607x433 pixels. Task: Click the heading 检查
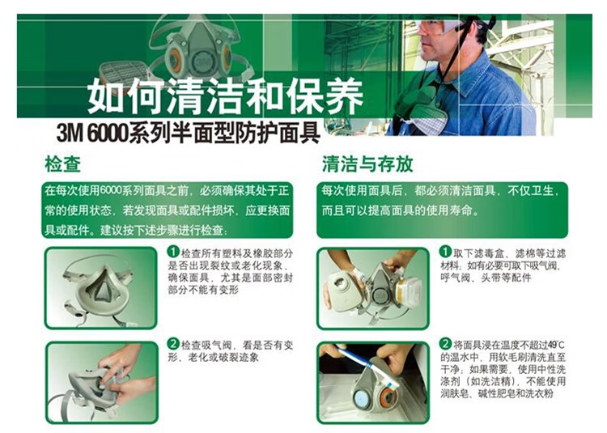click(x=62, y=164)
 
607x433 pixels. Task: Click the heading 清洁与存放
click(x=367, y=164)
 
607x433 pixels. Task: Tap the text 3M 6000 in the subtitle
click(x=92, y=133)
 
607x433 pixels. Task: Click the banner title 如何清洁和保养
click(x=225, y=96)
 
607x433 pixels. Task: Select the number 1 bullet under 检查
click(x=172, y=253)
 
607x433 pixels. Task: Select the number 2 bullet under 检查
click(x=172, y=344)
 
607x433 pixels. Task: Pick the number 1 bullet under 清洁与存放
click(x=445, y=252)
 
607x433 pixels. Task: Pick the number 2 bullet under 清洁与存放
click(x=445, y=343)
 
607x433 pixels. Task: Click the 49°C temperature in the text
click(x=556, y=345)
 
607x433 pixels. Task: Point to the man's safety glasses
click(x=440, y=27)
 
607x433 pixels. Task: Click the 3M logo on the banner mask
click(x=201, y=61)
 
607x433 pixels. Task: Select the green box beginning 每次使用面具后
click(x=442, y=210)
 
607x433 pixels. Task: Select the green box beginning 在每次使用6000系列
click(x=168, y=210)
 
